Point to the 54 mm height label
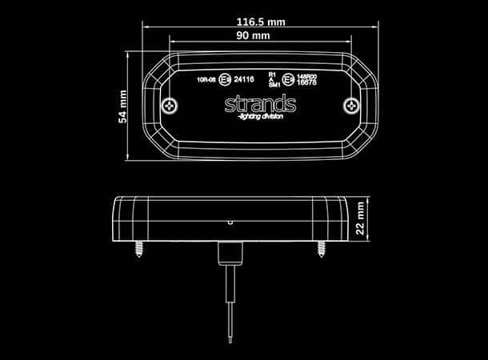(x=122, y=106)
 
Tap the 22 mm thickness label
(x=362, y=215)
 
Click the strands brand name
(x=259, y=105)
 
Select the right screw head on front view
(x=349, y=106)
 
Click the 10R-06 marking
(x=206, y=79)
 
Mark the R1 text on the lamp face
(x=272, y=73)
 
